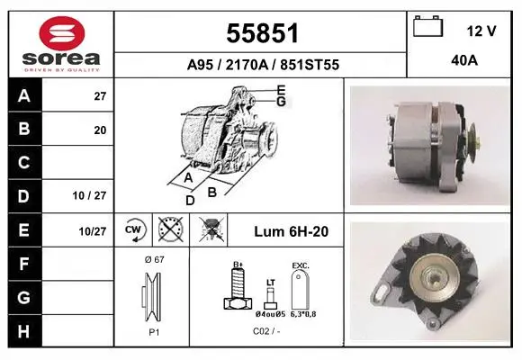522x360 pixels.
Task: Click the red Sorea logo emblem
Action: pyautogui.click(x=62, y=33)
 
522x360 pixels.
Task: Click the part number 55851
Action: pyautogui.click(x=262, y=33)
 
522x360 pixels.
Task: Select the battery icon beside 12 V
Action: pyautogui.click(x=427, y=26)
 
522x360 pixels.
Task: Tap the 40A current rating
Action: pyautogui.click(x=464, y=60)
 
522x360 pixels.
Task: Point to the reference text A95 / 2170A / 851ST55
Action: pyautogui.click(x=263, y=65)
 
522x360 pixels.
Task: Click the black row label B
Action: pyautogui.click(x=24, y=129)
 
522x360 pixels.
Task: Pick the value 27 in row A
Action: pyautogui.click(x=100, y=96)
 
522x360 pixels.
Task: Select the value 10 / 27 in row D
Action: pyautogui.click(x=89, y=195)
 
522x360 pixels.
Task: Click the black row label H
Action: pyautogui.click(x=23, y=332)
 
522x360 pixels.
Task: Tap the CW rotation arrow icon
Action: pyautogui.click(x=133, y=229)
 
